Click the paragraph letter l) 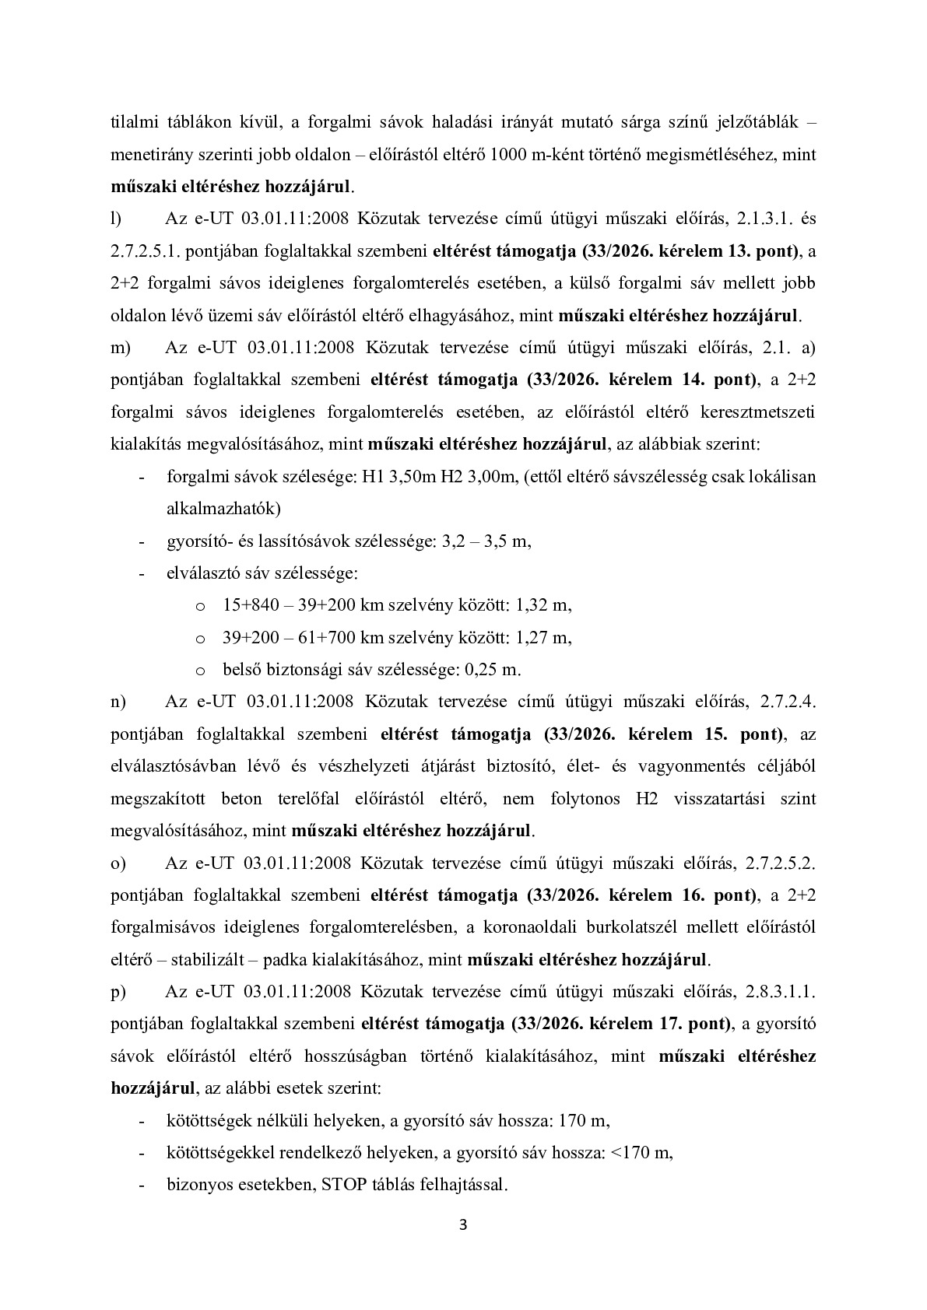[117, 219]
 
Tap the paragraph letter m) [121, 348]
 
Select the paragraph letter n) [119, 702]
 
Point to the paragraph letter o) [118, 863]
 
